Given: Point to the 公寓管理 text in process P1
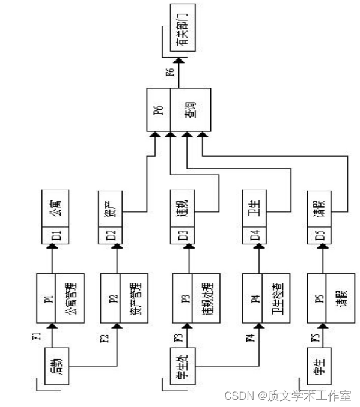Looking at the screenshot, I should click(x=67, y=298).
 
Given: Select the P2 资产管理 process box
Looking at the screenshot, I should click(x=122, y=298).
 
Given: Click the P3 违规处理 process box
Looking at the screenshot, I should click(x=192, y=298).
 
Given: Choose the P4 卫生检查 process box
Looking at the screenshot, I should click(x=262, y=298).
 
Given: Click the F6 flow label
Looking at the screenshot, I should click(x=170, y=74).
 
